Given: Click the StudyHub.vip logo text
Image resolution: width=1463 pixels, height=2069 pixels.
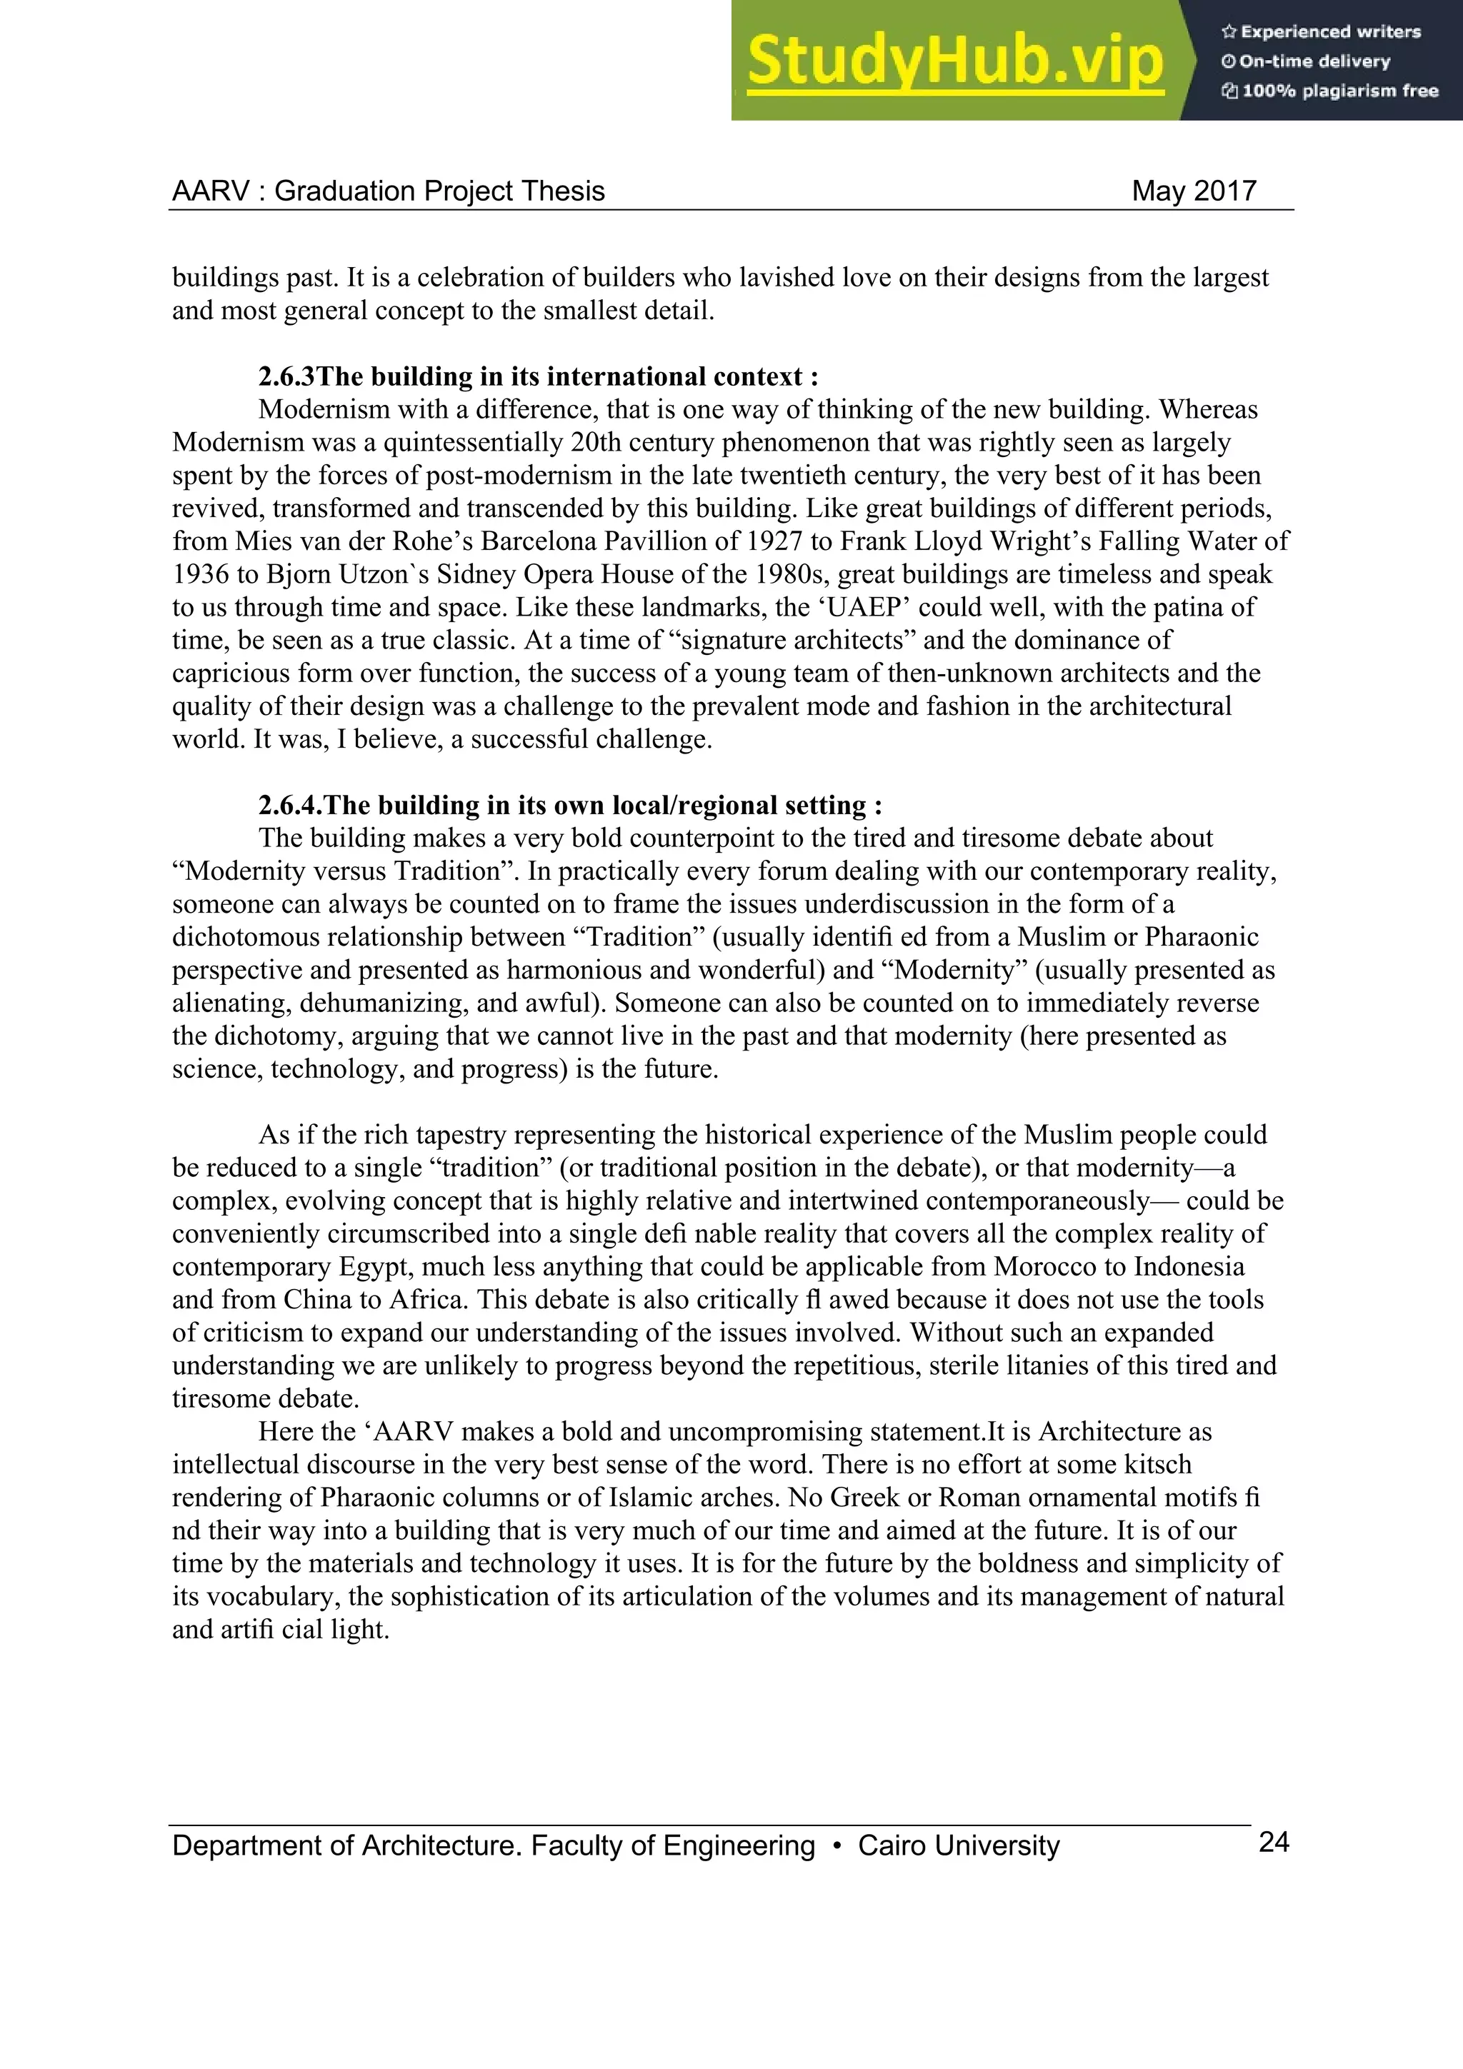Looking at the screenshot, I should pos(954,61).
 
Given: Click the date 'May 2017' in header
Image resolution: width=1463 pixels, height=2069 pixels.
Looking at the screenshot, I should pos(1194,191).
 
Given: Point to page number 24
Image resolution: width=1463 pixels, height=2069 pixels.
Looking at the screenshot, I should pos(1273,1842).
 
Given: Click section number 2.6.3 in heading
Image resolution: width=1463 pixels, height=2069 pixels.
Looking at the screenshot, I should pos(286,376).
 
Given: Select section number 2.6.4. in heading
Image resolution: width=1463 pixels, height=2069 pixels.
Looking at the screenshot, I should pos(290,805).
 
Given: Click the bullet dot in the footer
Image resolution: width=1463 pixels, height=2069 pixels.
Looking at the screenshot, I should pos(837,1845).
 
